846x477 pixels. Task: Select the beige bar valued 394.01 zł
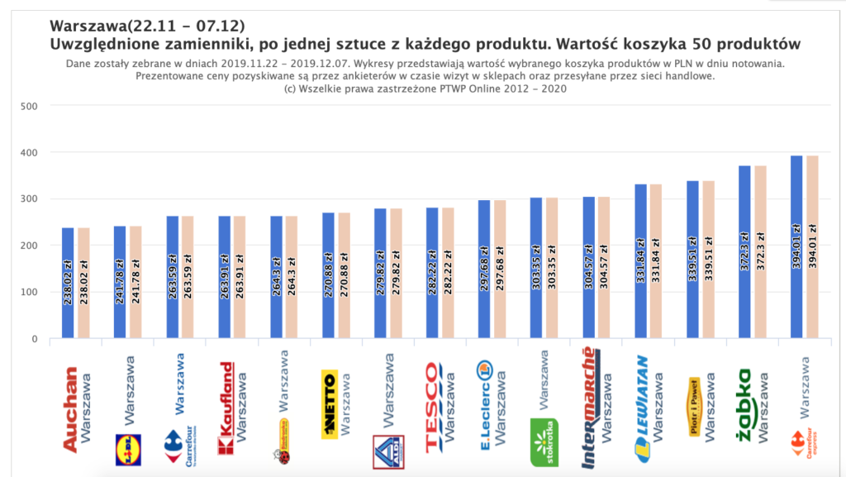[812, 248]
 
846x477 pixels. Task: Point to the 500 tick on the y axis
[29, 107]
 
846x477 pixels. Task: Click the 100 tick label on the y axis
[29, 293]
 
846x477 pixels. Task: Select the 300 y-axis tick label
[29, 199]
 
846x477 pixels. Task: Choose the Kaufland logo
[226, 408]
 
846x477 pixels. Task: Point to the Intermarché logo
[590, 408]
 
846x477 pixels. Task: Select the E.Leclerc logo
[487, 405]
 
